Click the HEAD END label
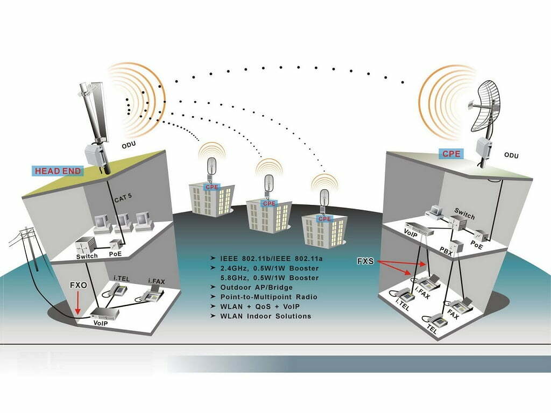(58, 172)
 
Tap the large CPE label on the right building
(451, 154)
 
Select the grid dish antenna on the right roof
(489, 107)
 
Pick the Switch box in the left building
(85, 245)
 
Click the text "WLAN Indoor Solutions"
(265, 316)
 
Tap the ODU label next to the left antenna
(129, 145)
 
